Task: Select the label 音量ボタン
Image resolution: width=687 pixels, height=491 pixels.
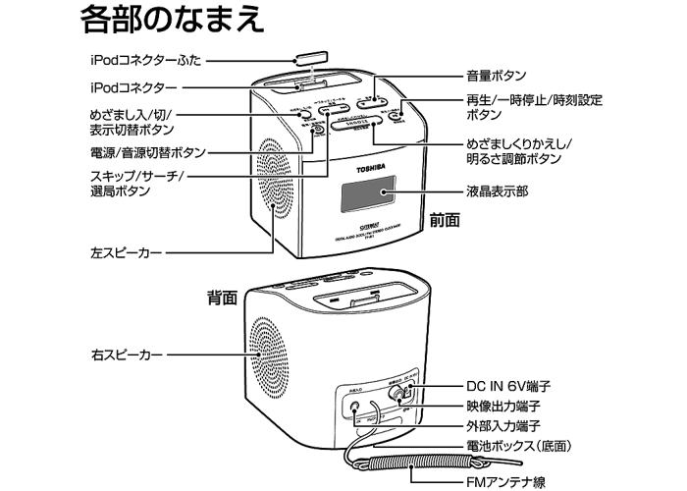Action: [x=496, y=76]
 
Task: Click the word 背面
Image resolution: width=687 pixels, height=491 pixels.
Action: [x=223, y=295]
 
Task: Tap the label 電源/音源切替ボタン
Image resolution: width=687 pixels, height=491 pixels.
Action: [x=144, y=153]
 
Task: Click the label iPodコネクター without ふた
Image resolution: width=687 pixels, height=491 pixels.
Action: [x=133, y=87]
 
